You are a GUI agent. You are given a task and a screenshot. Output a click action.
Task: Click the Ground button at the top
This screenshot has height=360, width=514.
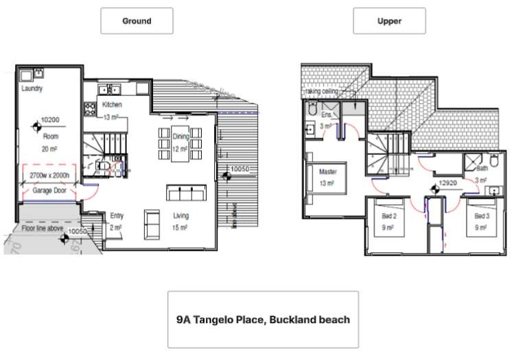137,21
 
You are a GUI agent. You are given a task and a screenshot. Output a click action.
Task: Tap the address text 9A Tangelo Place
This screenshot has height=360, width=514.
263,320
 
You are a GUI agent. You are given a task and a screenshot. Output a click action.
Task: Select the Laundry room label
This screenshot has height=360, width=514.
32,89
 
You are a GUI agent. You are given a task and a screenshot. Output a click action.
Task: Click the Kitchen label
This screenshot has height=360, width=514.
112,105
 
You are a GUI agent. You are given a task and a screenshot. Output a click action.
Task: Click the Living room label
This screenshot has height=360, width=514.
181,216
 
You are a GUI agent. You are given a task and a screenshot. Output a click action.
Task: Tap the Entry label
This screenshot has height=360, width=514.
117,216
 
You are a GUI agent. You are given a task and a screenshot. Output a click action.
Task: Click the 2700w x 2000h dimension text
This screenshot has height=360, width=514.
49,176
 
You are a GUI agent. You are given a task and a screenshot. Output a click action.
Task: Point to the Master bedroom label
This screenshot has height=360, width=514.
327,172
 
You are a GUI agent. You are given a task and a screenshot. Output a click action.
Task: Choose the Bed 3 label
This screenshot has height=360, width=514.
480,216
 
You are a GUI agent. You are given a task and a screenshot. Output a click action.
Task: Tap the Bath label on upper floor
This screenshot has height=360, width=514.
482,167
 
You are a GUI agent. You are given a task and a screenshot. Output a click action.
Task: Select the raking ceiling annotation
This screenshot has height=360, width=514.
323,91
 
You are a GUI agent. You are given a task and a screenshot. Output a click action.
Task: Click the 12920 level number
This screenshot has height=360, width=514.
447,184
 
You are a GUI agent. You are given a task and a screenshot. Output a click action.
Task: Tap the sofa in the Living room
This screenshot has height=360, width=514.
185,193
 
